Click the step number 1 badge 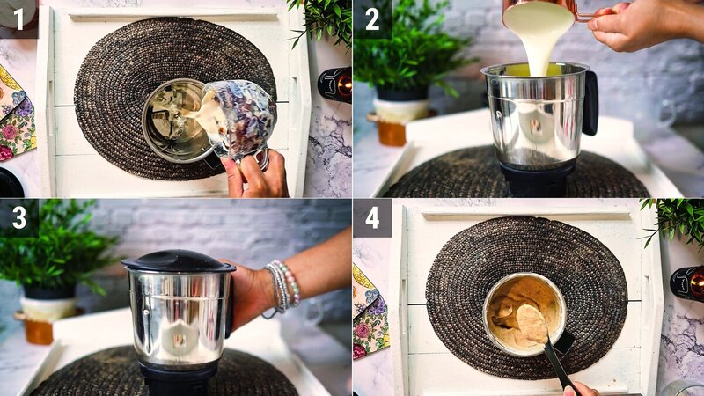tap(18, 17)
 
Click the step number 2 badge tap(371, 18)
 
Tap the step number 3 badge tap(18, 217)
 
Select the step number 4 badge tap(371, 217)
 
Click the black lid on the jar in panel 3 tap(178, 261)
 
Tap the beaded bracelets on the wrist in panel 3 tap(283, 286)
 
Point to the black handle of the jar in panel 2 tap(590, 101)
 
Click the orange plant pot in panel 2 tap(393, 132)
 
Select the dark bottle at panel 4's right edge tap(687, 283)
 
